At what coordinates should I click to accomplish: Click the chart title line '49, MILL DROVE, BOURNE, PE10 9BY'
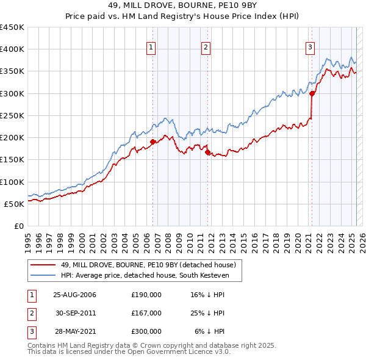click(182, 7)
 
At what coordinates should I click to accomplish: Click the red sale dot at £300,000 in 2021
click(312, 93)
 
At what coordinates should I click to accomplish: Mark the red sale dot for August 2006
click(152, 142)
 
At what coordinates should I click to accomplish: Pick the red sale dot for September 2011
click(207, 153)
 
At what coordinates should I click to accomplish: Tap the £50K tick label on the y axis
click(15, 204)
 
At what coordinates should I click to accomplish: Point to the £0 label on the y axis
click(19, 226)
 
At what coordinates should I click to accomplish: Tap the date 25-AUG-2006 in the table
click(74, 295)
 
